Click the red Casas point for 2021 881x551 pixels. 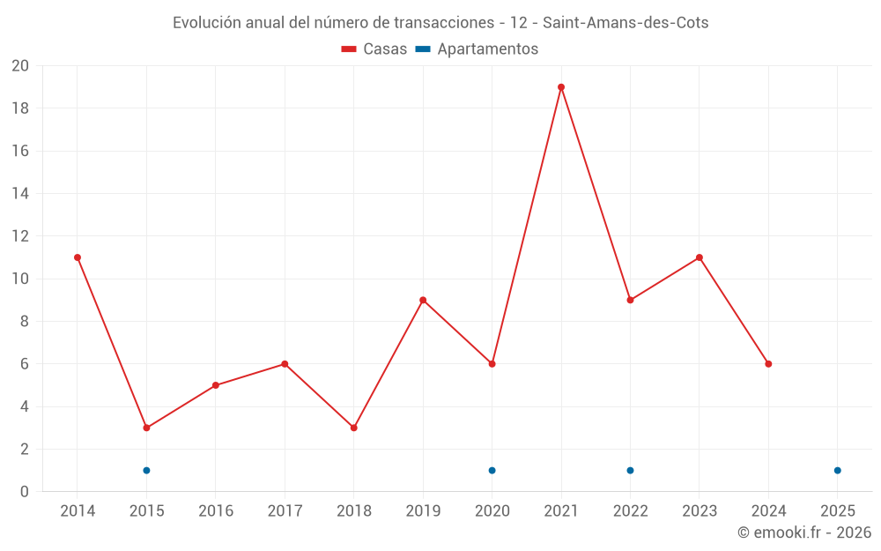pos(561,87)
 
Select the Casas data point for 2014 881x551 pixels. pos(78,257)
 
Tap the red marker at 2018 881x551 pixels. pos(353,428)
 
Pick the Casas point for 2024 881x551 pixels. pos(768,364)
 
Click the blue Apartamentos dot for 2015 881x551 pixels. pos(146,470)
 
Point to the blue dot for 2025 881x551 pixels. pos(837,470)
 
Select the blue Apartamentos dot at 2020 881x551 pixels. pos(492,470)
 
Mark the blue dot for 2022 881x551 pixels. pos(630,470)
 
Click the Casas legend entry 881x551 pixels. pos(374,49)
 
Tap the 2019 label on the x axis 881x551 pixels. pos(423,511)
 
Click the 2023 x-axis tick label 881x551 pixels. pos(699,511)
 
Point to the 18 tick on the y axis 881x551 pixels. pos(19,108)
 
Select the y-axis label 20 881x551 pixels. pos(19,66)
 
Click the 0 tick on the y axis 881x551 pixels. pos(25,491)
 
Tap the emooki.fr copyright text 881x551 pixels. pos(803,532)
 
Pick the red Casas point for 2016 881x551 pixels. pos(216,385)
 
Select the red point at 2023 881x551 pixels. pos(699,257)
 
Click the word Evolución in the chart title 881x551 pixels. pos(205,23)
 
